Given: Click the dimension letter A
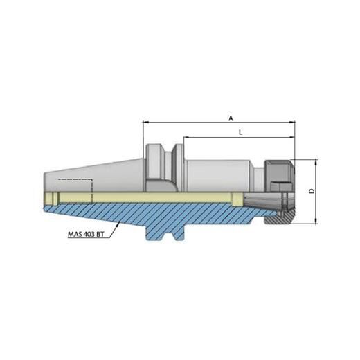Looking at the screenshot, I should tap(231, 118).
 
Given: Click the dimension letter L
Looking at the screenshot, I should tap(239, 131).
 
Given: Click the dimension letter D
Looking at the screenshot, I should tap(311, 190).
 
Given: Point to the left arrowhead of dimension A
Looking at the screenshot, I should tap(145, 123).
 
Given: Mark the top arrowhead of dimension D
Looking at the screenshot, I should tap(316, 161).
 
